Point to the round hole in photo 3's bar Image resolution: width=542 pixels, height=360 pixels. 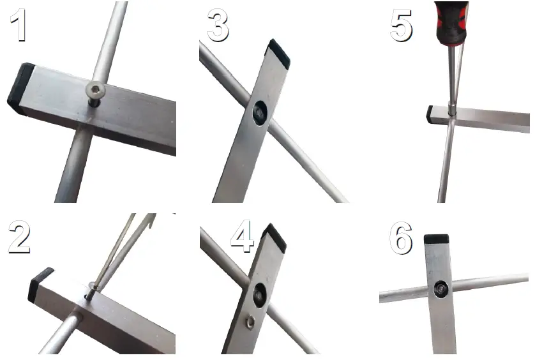coord(259,113)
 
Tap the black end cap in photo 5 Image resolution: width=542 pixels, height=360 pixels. coord(430,114)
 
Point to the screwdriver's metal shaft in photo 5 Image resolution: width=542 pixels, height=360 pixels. coord(454,77)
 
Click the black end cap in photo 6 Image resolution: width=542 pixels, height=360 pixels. coord(437,239)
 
